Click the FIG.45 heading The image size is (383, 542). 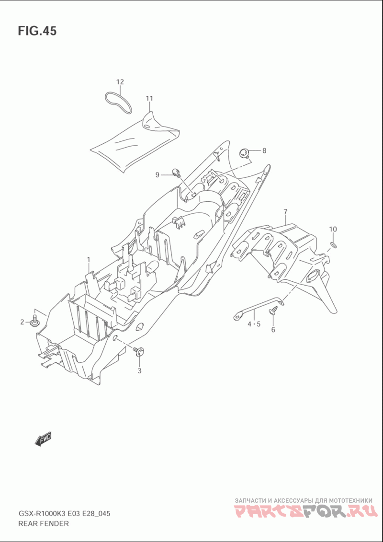[x=37, y=31]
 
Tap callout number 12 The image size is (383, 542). [x=120, y=82]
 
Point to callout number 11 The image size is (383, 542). [x=149, y=99]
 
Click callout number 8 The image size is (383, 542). [x=264, y=150]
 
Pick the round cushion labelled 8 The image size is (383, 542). [x=245, y=152]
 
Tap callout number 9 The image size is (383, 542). [x=157, y=175]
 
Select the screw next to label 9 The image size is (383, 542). [x=177, y=172]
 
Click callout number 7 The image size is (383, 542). [x=286, y=211]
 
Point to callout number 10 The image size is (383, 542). [x=333, y=229]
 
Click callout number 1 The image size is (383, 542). [x=89, y=259]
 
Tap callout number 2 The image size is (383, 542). [x=22, y=322]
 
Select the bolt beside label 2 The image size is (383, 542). [x=34, y=321]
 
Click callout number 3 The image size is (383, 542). [x=139, y=371]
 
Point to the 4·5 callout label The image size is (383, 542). [x=254, y=324]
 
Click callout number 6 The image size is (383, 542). [x=273, y=330]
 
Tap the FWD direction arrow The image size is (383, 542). [x=43, y=439]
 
